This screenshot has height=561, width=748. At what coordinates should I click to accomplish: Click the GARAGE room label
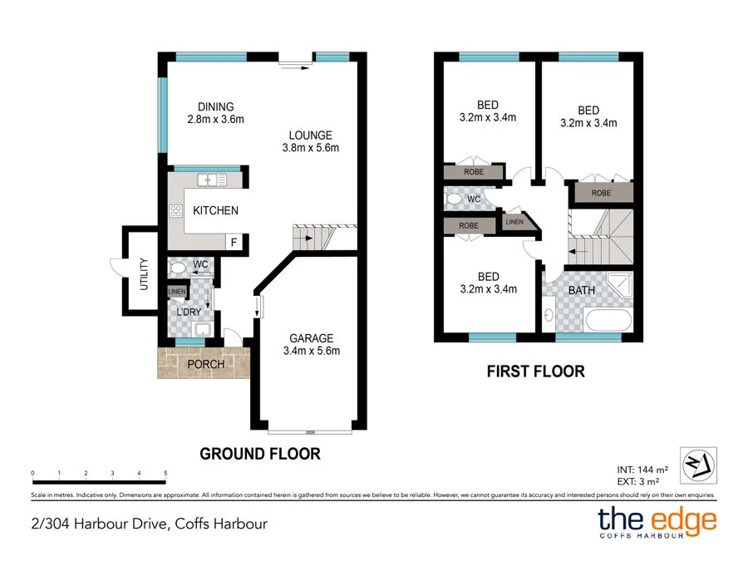point(311,338)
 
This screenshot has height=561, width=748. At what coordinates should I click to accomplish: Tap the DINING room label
point(215,106)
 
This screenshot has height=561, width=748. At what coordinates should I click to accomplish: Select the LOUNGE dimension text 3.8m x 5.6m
point(310,148)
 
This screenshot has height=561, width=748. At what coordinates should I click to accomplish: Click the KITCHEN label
point(215,211)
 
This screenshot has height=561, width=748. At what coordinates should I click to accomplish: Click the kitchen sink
point(212,180)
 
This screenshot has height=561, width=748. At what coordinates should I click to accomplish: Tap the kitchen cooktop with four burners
point(176,211)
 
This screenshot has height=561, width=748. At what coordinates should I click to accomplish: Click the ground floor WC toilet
point(177,268)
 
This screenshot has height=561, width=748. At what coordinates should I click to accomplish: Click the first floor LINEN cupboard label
point(513,222)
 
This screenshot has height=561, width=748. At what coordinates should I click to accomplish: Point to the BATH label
point(581,291)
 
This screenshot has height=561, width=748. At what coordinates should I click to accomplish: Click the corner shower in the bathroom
point(618,286)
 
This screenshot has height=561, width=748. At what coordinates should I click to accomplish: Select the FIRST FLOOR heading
point(535,372)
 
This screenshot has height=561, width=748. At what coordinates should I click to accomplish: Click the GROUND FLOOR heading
point(259,454)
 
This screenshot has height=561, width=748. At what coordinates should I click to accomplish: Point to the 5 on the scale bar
point(165,473)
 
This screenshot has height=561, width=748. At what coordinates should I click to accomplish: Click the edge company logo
point(657,522)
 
